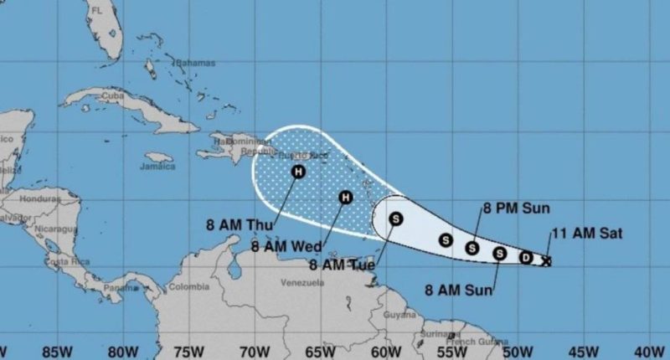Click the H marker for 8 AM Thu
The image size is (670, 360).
(x=298, y=172)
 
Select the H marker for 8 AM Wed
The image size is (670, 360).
(x=346, y=198)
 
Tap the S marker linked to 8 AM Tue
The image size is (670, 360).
(x=395, y=219)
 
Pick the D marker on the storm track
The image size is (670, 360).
(x=526, y=257)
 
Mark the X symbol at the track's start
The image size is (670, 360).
(x=547, y=261)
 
